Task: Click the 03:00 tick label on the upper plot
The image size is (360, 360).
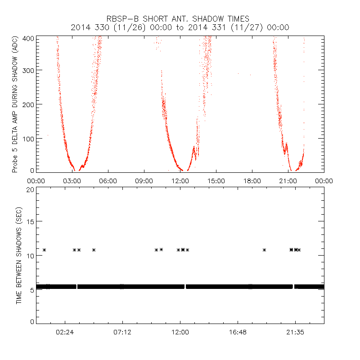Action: coord(72,180)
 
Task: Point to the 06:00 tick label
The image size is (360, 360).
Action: coord(108,180)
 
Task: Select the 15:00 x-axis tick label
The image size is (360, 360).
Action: coord(216,180)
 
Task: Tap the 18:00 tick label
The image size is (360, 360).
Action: coord(252,180)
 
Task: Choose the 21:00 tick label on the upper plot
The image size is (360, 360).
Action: coord(288,180)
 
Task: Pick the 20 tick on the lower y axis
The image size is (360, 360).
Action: coord(30,189)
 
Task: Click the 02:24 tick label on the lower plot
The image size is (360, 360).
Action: coord(65,332)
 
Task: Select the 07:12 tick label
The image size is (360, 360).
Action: coord(122,332)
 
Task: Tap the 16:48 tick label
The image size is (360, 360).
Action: coord(238,332)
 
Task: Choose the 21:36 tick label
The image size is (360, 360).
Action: coord(295,332)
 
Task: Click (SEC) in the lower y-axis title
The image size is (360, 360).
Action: coord(19,204)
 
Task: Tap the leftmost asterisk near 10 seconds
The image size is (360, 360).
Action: coord(44,250)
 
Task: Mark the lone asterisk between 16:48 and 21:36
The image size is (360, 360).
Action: coord(265,250)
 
